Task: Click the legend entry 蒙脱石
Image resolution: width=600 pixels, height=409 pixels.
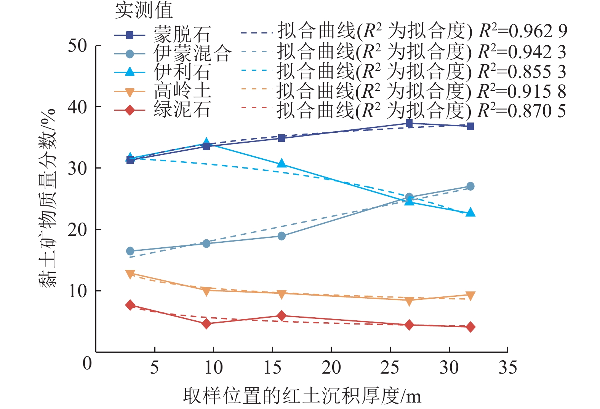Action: (182, 35)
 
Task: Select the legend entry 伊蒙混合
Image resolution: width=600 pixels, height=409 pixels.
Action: (192, 53)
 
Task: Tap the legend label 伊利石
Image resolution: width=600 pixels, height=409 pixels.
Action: (182, 72)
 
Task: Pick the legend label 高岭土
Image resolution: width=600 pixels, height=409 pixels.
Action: (182, 91)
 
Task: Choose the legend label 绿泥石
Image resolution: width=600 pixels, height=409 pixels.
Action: (182, 110)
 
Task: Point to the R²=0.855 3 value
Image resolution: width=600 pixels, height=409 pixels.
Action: (522, 71)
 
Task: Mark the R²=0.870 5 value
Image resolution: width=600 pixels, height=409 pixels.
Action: (522, 110)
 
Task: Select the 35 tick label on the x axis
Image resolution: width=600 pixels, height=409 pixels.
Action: (507, 368)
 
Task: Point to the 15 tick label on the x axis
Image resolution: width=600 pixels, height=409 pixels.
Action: (272, 368)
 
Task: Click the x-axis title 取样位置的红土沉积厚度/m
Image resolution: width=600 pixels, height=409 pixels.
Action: (302, 396)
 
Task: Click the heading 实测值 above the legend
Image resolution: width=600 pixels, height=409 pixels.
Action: (144, 10)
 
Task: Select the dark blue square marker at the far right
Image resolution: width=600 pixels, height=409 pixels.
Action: (470, 126)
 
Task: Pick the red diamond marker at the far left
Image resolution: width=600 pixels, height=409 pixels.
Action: (130, 305)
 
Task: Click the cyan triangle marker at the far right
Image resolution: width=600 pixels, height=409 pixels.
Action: (470, 212)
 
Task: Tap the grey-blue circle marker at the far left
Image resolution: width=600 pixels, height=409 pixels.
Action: (130, 251)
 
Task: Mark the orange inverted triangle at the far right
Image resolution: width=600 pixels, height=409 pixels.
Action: (470, 296)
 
